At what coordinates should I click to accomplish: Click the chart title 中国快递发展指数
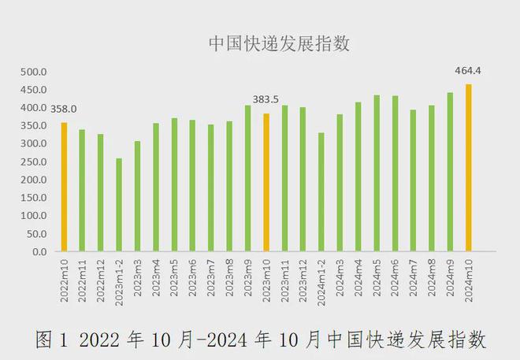[279, 43]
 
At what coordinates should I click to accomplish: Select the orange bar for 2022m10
[64, 187]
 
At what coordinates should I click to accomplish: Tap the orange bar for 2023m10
[266, 183]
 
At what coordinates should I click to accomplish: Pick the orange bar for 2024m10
[469, 168]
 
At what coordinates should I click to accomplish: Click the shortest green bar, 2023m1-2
[119, 205]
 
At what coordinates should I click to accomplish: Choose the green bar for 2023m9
[247, 179]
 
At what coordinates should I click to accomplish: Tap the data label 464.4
[468, 71]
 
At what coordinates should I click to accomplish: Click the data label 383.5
[266, 99]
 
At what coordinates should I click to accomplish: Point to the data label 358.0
[64, 109]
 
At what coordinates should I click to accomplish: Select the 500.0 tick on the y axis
[35, 72]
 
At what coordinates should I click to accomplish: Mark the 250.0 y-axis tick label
[35, 161]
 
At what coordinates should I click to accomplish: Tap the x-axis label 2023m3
[138, 276]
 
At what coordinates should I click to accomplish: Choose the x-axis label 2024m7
[414, 276]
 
